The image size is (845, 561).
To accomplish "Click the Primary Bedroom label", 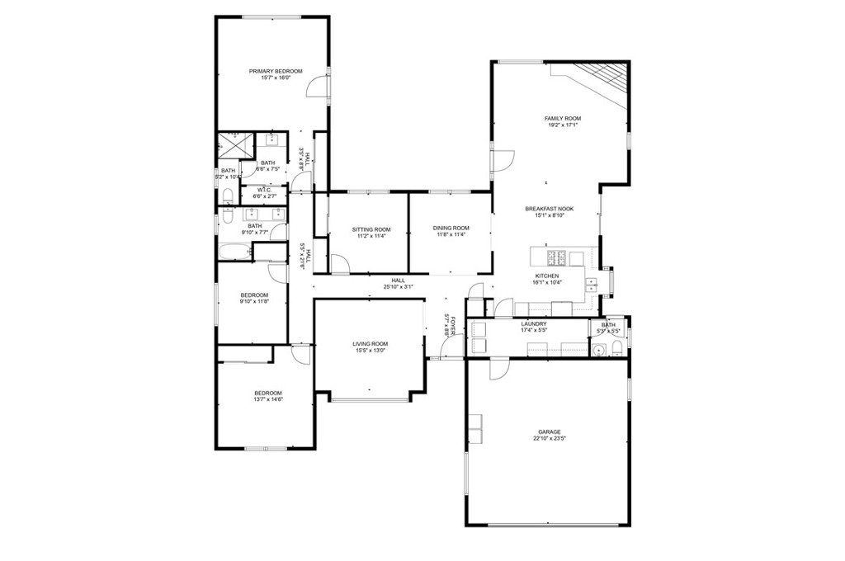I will click(x=276, y=71).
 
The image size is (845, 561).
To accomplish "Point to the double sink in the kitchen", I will click(x=592, y=285).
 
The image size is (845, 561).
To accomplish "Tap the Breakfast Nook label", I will click(x=549, y=209).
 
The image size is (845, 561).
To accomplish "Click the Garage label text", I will click(x=549, y=431).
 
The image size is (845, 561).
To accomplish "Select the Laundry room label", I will click(x=534, y=324).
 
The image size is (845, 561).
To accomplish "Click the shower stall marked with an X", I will click(x=235, y=146).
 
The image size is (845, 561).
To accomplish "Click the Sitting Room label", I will click(x=371, y=228).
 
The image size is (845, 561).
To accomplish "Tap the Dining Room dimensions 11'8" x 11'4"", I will click(x=451, y=234).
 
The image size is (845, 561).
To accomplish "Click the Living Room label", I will click(x=371, y=343).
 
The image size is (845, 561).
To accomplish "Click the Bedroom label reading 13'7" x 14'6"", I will click(x=268, y=393).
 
